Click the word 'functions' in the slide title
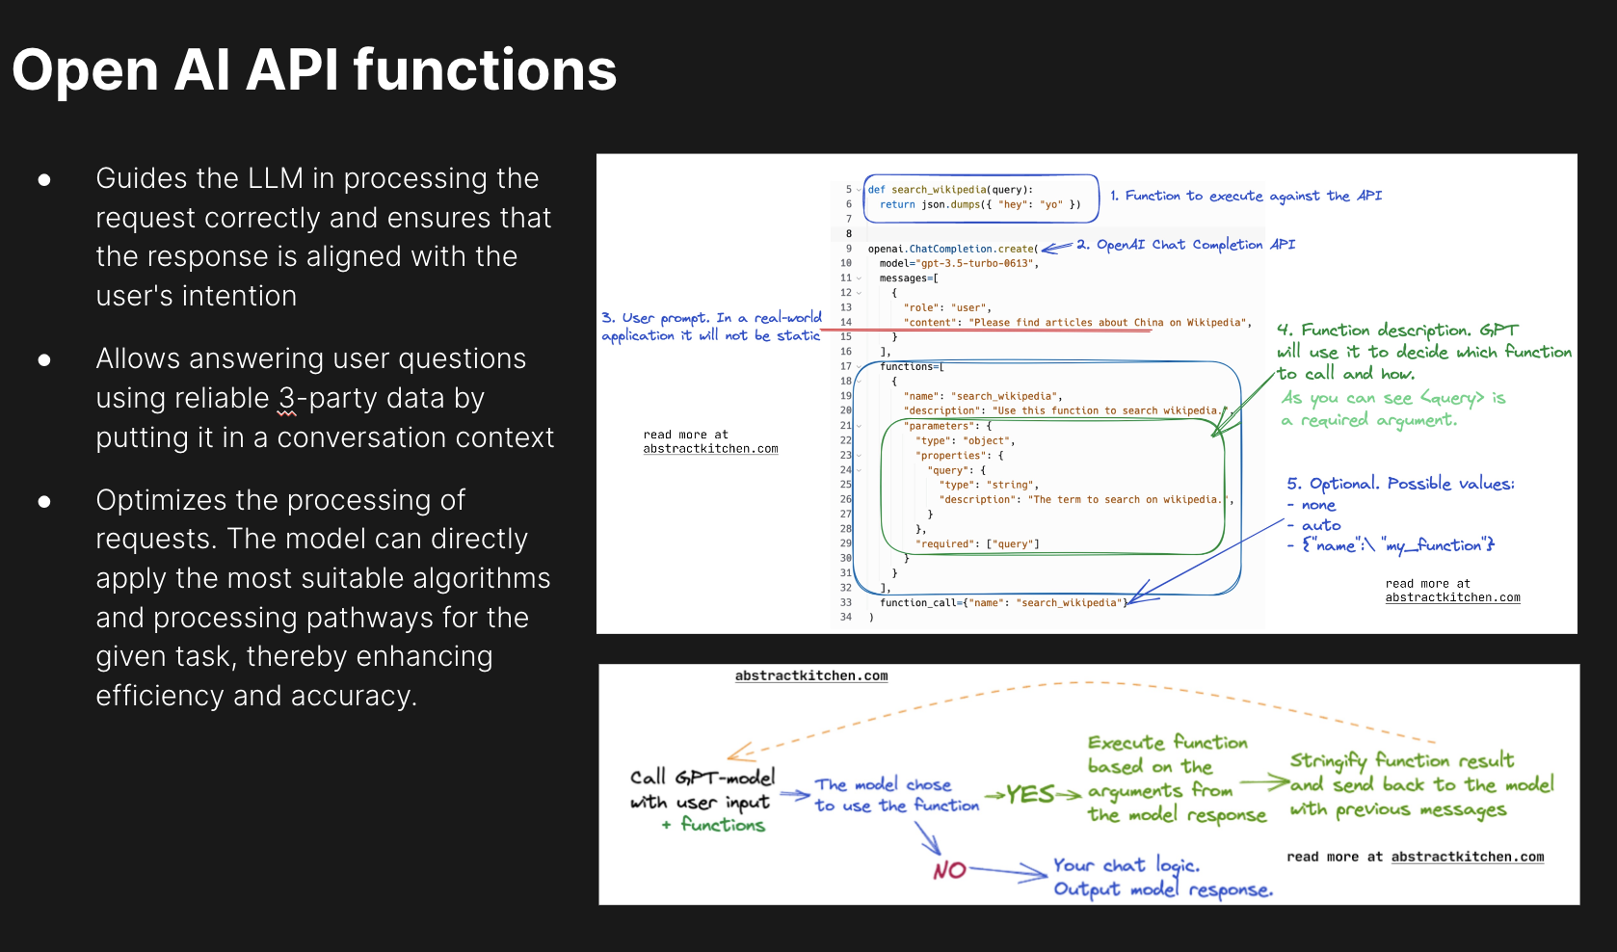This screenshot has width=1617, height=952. (x=485, y=71)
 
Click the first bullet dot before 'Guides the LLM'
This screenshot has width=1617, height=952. (x=44, y=180)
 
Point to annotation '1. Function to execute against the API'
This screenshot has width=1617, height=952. (x=1245, y=196)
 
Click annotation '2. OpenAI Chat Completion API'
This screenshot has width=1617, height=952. (x=1185, y=245)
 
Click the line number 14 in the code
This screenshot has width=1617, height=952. (x=846, y=323)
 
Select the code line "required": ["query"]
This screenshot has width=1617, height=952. (x=977, y=544)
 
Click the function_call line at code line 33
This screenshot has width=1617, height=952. (x=1002, y=603)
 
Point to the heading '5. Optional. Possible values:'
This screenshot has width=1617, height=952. (x=1400, y=484)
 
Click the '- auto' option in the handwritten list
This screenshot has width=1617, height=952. (x=1314, y=525)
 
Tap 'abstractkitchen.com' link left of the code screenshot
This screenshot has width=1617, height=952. (x=710, y=449)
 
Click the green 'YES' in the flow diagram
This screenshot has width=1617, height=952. (x=1030, y=794)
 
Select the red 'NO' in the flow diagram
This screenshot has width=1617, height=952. (x=949, y=870)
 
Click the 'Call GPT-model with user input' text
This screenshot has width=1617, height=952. (x=702, y=789)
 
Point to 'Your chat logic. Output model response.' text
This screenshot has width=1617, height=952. (x=1161, y=877)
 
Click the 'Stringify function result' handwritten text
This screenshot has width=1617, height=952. (x=1401, y=760)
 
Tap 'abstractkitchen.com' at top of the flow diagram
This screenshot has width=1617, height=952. (x=811, y=676)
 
